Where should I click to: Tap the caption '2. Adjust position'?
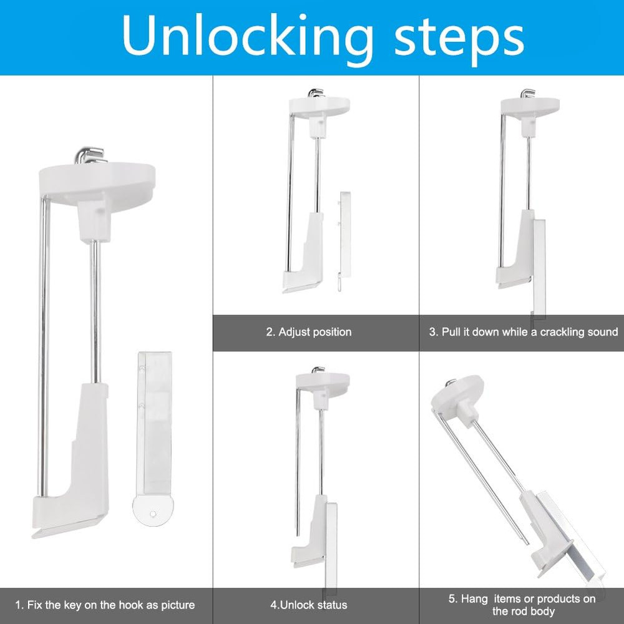click(x=309, y=332)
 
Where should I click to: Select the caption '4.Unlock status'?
click(x=308, y=605)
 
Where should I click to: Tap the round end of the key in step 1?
click(x=153, y=510)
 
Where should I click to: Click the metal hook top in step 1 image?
click(x=90, y=155)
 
